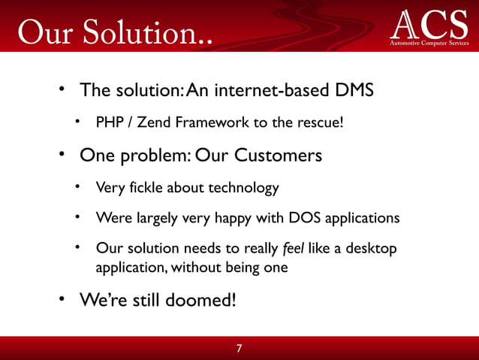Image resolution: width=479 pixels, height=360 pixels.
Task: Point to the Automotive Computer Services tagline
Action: (x=429, y=44)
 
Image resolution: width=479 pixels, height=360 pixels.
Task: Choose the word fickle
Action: (x=146, y=187)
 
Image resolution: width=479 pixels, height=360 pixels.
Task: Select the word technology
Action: (x=242, y=187)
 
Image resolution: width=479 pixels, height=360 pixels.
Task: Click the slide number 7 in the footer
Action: (x=239, y=349)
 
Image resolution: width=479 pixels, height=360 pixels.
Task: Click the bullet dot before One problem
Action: (x=65, y=156)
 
